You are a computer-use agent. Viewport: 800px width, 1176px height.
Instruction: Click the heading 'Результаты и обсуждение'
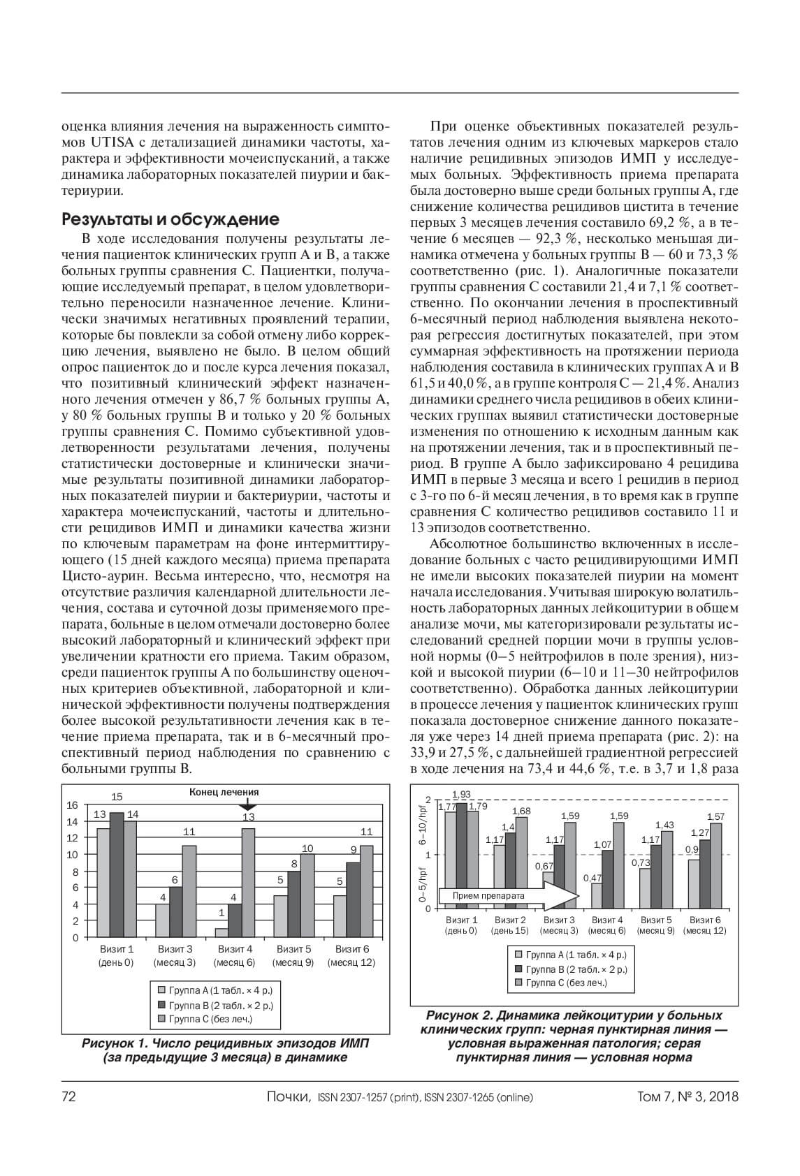tap(171, 219)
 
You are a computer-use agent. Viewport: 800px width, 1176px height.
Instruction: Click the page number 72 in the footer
tap(68, 1096)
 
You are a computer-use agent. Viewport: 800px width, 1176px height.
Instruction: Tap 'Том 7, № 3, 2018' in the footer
tap(688, 1096)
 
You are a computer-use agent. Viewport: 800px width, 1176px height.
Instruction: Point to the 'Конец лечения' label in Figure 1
tap(224, 792)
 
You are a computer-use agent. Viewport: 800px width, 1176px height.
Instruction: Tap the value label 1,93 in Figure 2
tap(461, 795)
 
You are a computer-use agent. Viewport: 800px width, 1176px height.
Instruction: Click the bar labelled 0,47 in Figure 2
tap(595, 896)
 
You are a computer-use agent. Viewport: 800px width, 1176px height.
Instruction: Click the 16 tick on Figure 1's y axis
tap(72, 805)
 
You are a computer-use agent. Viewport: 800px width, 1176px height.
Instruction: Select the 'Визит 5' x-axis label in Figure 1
tap(293, 950)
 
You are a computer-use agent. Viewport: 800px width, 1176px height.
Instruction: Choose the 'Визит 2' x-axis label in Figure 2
tap(509, 920)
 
